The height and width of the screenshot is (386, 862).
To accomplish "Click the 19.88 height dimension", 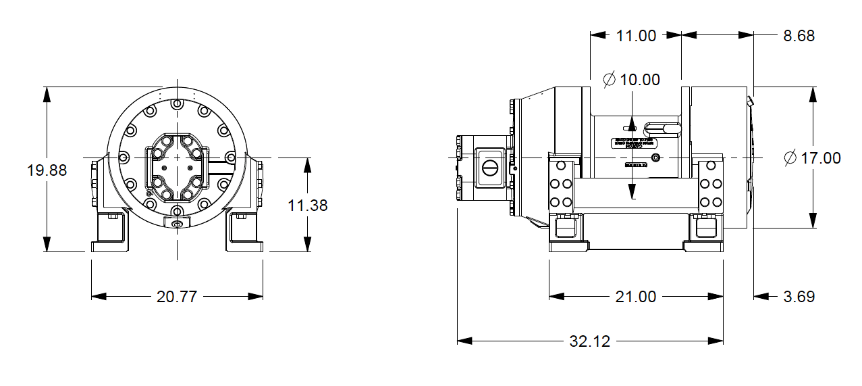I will coord(47,170).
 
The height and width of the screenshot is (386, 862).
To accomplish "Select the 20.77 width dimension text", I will coord(176,297).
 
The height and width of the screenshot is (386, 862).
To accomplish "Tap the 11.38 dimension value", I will coord(308,205).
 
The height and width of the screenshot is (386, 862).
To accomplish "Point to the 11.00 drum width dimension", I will coord(636,36).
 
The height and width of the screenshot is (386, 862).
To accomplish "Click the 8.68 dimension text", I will coord(799,36).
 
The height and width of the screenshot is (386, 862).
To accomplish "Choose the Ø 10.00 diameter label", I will coord(631,80).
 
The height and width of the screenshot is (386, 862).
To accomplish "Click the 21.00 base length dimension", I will coord(636,297).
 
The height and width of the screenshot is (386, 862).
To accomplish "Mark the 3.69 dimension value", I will coord(799,297).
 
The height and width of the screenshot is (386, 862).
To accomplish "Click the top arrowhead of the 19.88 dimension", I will coord(47,94).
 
